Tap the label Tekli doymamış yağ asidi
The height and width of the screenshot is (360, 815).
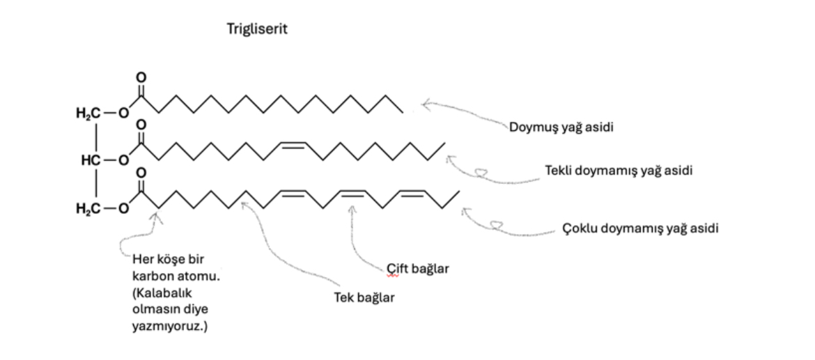tap(619, 170)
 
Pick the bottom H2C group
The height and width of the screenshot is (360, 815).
tap(88, 208)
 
